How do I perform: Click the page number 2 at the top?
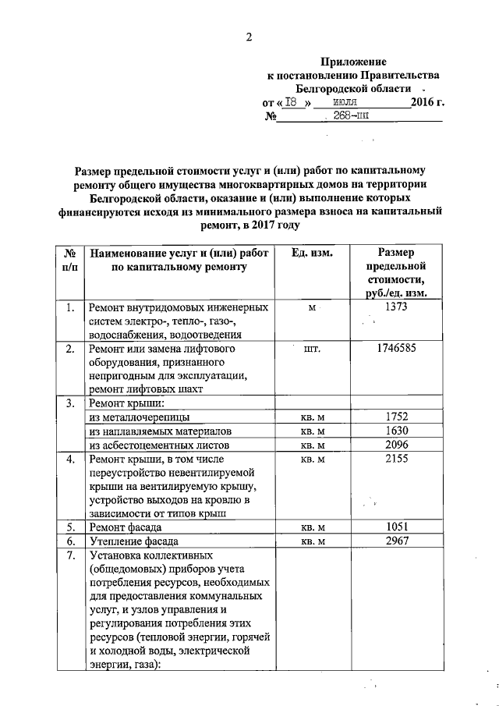coord(249,37)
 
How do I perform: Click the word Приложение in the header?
coord(354,61)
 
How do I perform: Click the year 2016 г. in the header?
coord(427,102)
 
